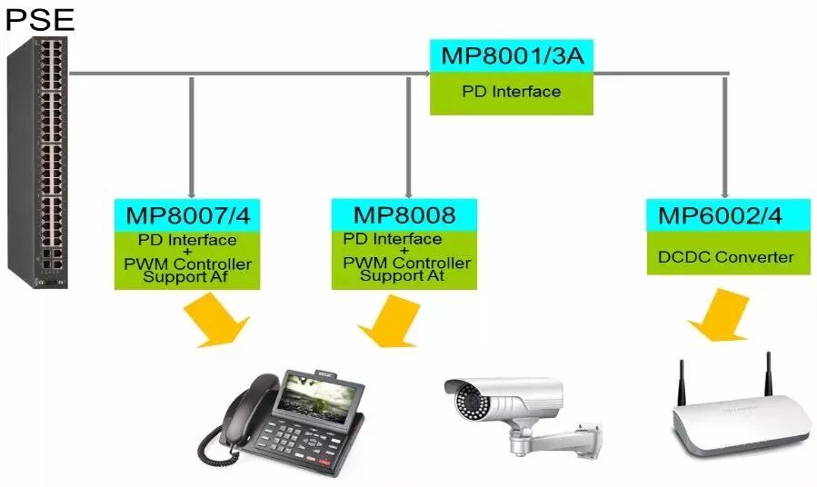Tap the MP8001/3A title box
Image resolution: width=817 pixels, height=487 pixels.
click(x=511, y=56)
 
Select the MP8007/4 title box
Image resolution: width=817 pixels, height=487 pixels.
click(x=187, y=215)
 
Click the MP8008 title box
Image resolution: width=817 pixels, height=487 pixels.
click(x=404, y=215)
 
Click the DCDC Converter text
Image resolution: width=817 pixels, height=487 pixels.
click(x=725, y=257)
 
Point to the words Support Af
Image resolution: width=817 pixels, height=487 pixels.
click(x=186, y=277)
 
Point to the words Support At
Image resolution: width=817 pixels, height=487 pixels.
click(x=404, y=277)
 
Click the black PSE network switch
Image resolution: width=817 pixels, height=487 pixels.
click(x=39, y=164)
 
